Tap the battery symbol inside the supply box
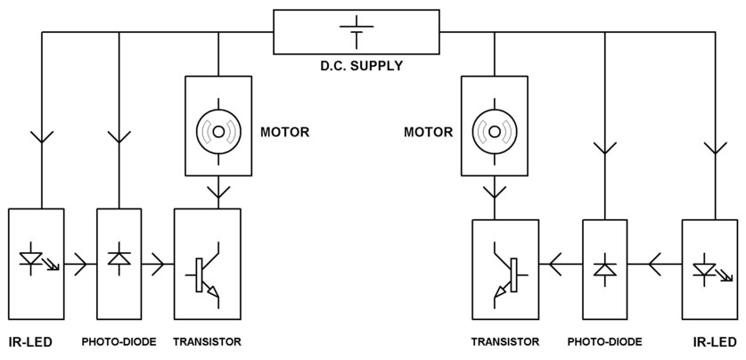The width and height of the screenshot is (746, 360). (x=356, y=31)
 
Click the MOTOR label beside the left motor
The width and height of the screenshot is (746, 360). (x=284, y=132)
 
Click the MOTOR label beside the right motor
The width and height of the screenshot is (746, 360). (x=428, y=132)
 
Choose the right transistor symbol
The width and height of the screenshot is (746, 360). (x=504, y=273)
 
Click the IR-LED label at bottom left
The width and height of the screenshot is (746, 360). (x=29, y=341)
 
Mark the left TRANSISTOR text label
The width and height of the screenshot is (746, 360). (x=207, y=341)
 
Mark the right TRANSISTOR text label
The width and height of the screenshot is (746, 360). (x=504, y=341)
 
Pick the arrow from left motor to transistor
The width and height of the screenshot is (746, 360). (x=217, y=191)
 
